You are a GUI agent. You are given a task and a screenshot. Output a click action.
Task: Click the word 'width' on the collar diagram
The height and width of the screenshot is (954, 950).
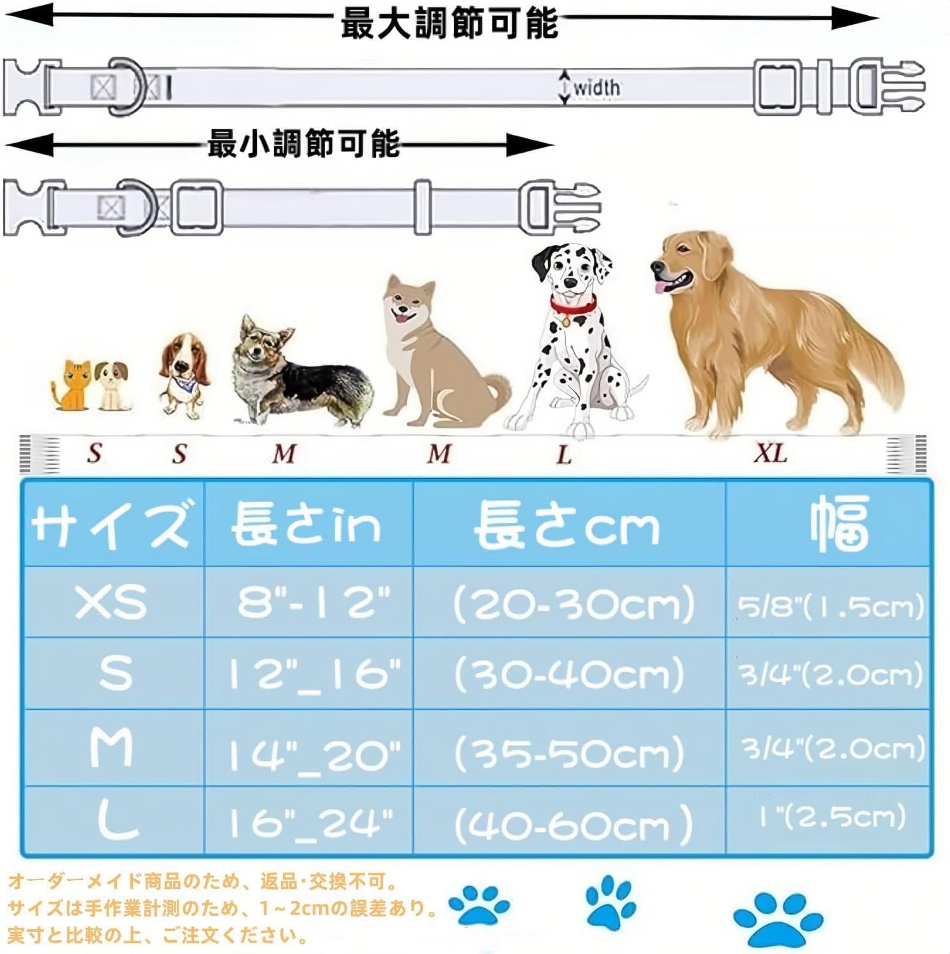pos(596,88)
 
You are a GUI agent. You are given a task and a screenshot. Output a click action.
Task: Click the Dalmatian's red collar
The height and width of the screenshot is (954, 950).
pos(573,307)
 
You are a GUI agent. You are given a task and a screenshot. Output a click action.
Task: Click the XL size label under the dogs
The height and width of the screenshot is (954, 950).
pos(771,453)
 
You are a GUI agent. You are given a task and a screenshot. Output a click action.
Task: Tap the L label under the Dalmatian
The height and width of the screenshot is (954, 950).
pos(563,454)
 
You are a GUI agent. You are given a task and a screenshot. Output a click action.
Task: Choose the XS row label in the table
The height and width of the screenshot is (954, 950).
pos(111,602)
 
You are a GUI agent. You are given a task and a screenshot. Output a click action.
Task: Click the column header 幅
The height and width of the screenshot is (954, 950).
pos(839,523)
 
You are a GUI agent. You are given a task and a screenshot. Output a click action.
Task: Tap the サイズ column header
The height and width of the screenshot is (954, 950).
pos(111,524)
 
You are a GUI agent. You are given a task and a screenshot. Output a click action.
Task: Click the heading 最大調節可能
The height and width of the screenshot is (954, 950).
pos(449,24)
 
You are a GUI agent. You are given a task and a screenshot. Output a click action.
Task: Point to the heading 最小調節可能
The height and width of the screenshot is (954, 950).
pos(304,144)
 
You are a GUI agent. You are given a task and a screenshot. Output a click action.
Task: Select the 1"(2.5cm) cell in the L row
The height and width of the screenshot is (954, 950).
pos(830,817)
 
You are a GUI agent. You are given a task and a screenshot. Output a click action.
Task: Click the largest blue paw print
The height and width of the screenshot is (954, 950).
pos(777,920)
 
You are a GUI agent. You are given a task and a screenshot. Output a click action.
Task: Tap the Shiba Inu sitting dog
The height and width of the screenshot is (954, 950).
pos(439,356)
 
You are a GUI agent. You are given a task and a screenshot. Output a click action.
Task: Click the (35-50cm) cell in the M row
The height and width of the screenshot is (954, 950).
pos(569,752)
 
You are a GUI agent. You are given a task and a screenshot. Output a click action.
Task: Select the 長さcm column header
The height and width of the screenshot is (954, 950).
pos(567,525)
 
